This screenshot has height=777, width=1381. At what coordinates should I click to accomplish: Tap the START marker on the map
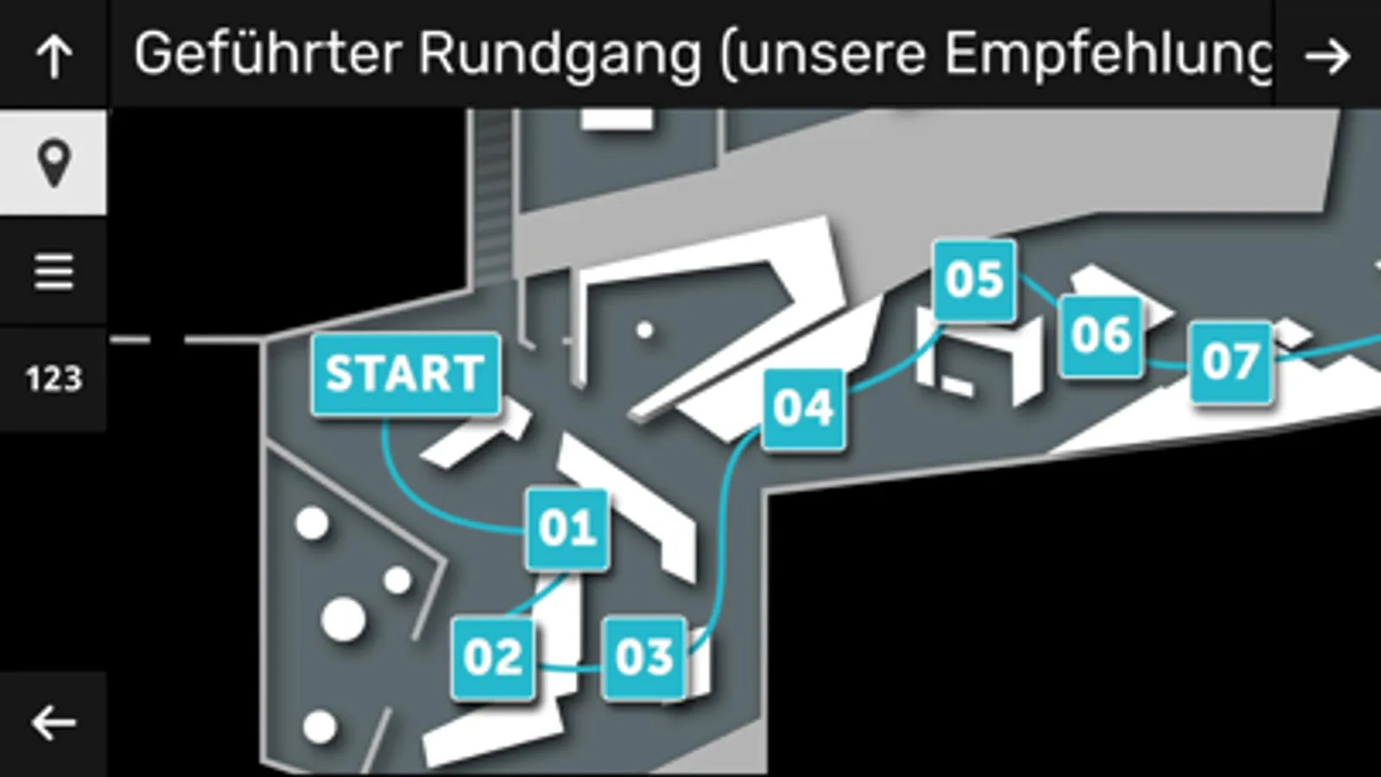coord(405,374)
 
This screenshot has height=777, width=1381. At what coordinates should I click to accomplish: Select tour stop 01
coord(567,528)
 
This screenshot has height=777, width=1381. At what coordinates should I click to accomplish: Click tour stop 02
coord(492,657)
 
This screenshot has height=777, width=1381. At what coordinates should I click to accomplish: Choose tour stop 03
coord(644,657)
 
